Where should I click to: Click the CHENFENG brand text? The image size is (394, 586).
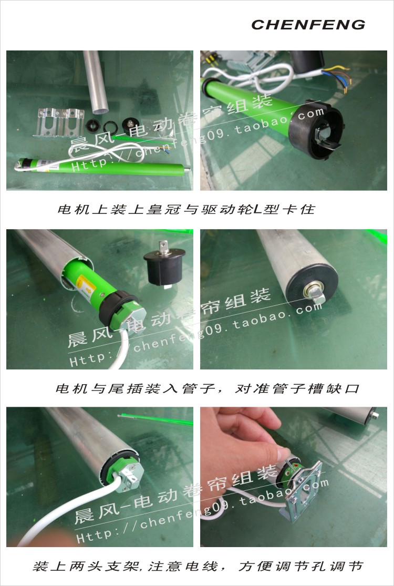[x=308, y=25]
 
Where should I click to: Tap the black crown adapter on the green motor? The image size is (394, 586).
[x=316, y=129]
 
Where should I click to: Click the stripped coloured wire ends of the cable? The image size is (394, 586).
[x=340, y=77]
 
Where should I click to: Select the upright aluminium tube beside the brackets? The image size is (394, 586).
[x=96, y=81]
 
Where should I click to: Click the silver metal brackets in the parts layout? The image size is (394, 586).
[x=59, y=122]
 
